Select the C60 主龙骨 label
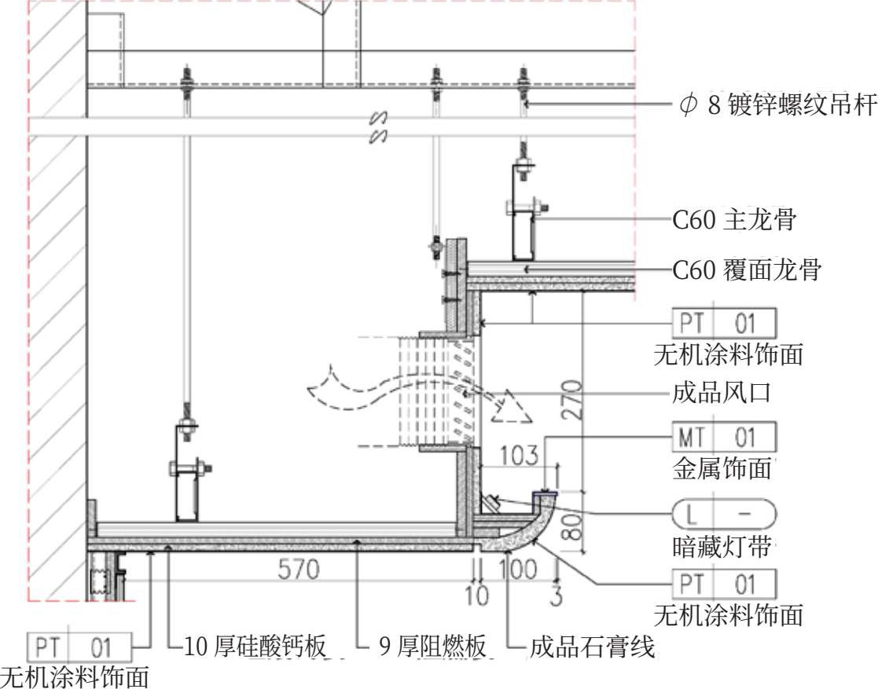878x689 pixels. (x=734, y=219)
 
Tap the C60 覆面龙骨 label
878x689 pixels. (x=747, y=269)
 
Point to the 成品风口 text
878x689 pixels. (x=722, y=392)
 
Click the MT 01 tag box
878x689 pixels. (x=724, y=437)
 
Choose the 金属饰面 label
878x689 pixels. (x=722, y=468)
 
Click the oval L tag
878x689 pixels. (x=724, y=514)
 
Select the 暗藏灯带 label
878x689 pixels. (x=722, y=546)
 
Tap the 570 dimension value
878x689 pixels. (x=299, y=570)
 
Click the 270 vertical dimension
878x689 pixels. (x=571, y=400)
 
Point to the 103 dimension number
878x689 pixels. (x=519, y=456)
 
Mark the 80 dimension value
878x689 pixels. (x=571, y=526)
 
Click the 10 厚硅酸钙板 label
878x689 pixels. (x=255, y=647)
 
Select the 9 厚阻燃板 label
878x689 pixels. (x=432, y=647)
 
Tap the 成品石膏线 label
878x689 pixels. (x=593, y=647)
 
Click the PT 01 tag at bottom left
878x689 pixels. (x=79, y=647)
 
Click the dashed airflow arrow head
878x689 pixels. (x=511, y=409)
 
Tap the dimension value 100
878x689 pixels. (x=518, y=570)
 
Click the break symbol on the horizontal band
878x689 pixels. (x=379, y=127)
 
